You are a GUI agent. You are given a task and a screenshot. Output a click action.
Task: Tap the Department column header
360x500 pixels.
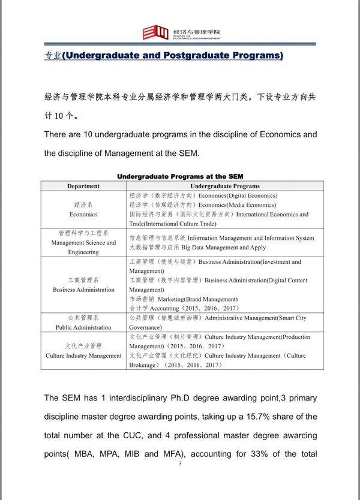click(x=83, y=186)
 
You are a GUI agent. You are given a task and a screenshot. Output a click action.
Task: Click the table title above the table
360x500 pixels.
click(x=180, y=177)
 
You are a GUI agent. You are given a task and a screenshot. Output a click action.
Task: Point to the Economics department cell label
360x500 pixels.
click(x=83, y=213)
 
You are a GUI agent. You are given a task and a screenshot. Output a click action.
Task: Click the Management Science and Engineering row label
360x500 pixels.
click(x=83, y=243)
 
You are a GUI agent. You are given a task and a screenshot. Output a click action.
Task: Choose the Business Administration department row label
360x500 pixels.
click(x=83, y=290)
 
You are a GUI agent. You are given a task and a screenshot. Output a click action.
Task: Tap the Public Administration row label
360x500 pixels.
click(x=83, y=327)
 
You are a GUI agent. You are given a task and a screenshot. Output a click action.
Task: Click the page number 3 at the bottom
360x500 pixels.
click(x=180, y=463)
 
